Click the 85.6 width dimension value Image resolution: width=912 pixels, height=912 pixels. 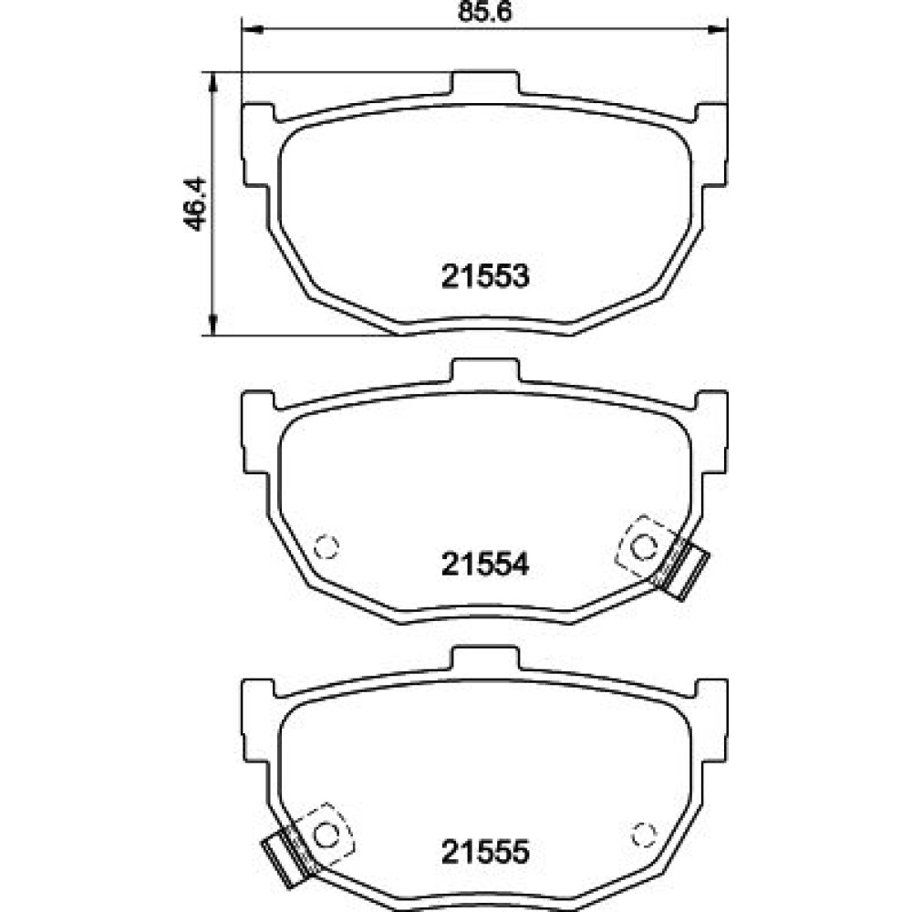(485, 12)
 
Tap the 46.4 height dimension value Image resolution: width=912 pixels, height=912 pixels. (194, 203)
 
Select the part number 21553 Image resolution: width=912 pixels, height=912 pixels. (485, 276)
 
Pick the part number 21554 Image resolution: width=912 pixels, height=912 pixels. (485, 565)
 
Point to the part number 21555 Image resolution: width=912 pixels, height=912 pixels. (485, 852)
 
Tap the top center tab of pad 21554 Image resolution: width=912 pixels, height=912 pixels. (485, 370)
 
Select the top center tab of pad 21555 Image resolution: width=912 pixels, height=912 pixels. (485, 658)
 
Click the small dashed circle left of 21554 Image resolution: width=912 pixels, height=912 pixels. (326, 546)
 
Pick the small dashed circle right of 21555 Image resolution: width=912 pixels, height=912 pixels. (644, 835)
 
